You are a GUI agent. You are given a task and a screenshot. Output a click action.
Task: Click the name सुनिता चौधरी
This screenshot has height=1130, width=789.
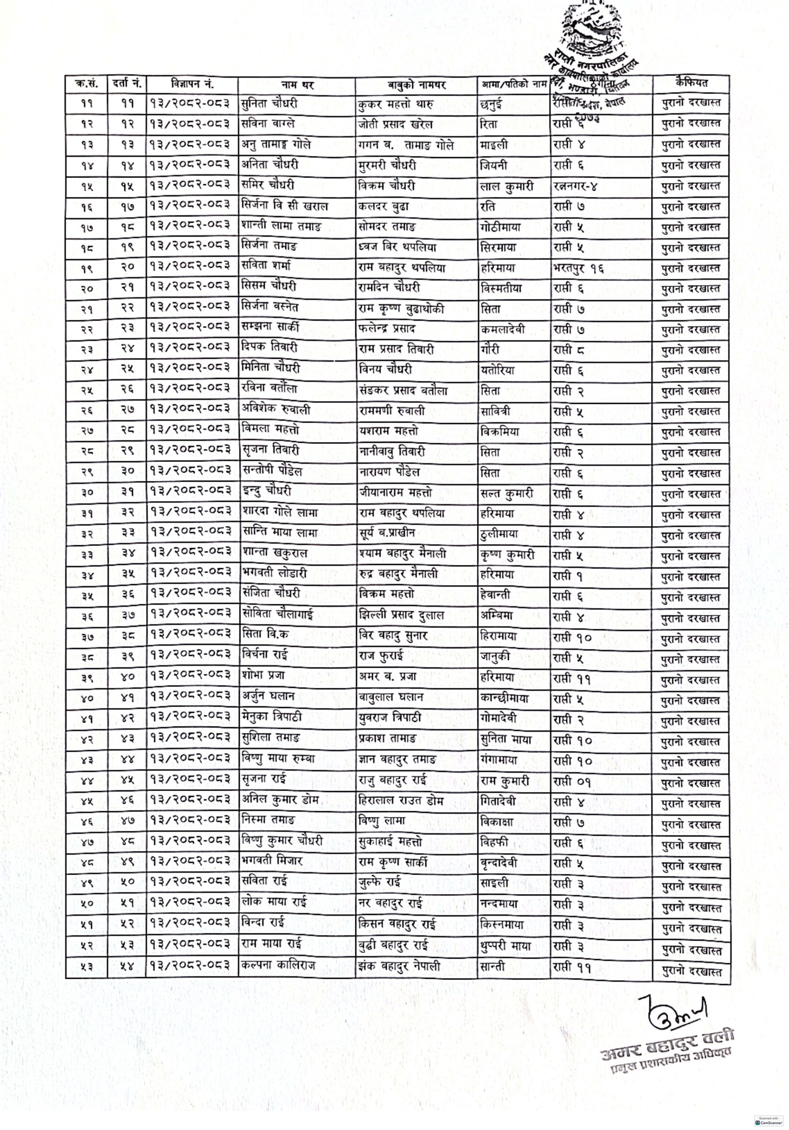pyautogui.click(x=270, y=104)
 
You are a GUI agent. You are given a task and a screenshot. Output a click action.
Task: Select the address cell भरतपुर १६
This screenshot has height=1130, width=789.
pyautogui.click(x=578, y=268)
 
